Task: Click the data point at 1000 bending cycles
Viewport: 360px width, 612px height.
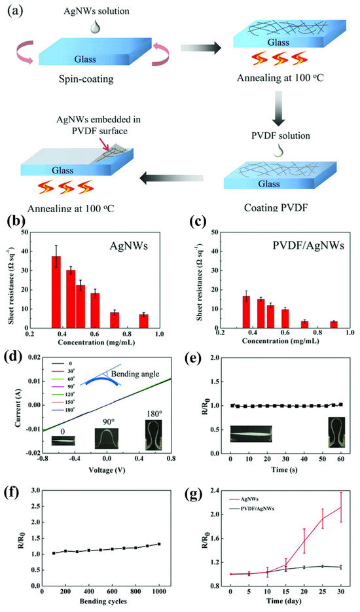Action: (159, 544)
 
